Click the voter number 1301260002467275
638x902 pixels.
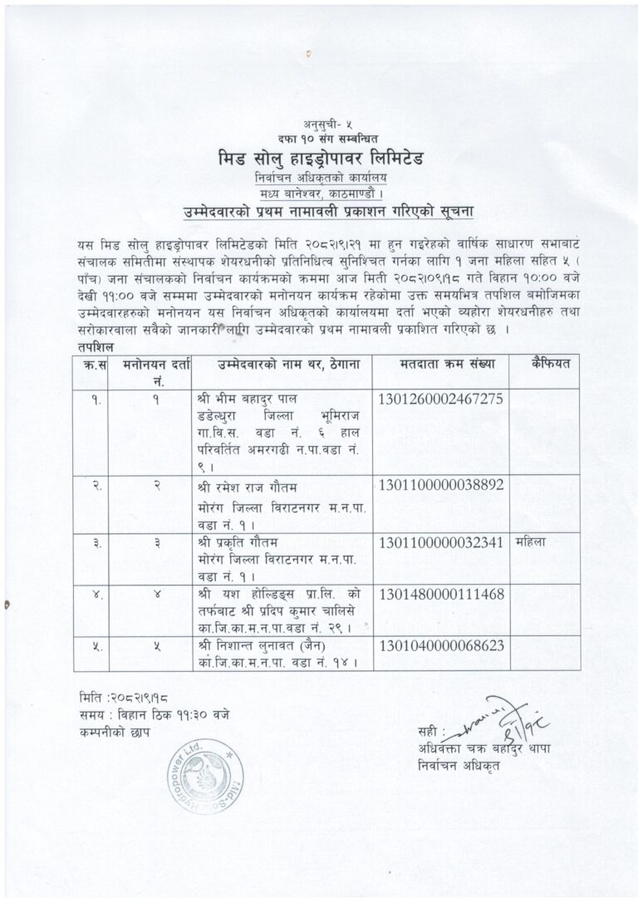[440, 400]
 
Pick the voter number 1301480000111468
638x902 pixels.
[440, 595]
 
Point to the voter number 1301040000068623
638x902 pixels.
[440, 645]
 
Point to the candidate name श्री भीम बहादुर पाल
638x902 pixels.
[244, 397]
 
